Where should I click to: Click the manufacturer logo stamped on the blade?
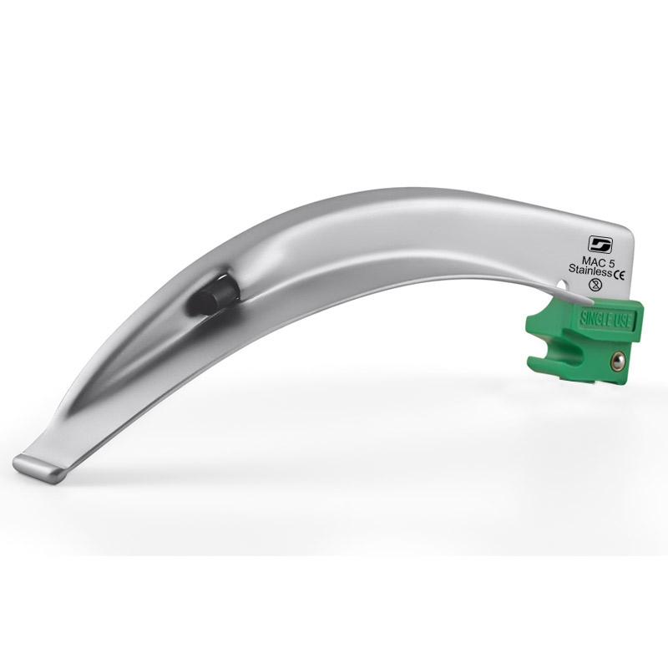click(x=600, y=244)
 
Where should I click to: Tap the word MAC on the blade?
click(x=591, y=261)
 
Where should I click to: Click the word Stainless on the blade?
click(x=590, y=269)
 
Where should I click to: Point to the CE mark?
click(x=619, y=276)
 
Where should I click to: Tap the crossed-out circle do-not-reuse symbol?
click(x=595, y=285)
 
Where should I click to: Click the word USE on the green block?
click(x=620, y=321)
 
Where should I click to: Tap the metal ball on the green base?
click(x=618, y=362)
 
